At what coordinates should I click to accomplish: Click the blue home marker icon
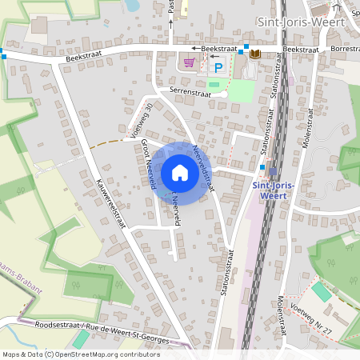180,172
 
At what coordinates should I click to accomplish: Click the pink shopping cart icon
190,62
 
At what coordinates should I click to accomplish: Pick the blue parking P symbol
217,69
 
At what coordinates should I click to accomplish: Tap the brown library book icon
255,54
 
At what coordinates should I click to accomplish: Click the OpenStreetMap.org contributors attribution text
110,354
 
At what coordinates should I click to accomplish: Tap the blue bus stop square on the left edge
2,55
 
